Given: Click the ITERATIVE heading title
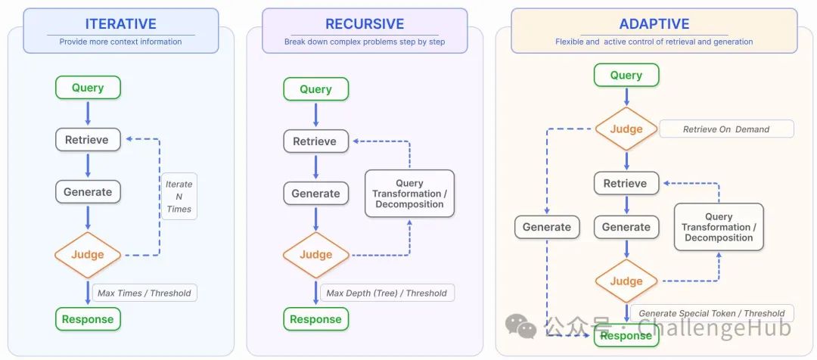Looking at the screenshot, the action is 121,24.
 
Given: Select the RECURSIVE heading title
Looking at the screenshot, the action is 365,24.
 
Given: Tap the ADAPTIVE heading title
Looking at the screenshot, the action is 654,24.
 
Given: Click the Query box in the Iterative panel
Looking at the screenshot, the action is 88,88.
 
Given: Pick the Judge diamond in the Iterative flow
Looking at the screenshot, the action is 88,255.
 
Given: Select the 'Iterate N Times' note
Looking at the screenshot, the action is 179,197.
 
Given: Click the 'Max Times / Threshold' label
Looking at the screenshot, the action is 144,293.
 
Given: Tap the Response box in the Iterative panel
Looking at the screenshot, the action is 88,319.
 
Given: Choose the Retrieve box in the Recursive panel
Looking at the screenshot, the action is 315,141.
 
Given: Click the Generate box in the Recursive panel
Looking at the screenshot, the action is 315,194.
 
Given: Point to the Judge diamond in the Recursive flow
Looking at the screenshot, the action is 315,255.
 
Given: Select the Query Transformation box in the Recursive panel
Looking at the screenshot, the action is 409,194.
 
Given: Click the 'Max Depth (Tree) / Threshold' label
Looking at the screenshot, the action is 387,293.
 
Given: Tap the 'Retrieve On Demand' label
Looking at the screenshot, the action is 726,129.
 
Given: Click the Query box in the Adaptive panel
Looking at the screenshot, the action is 626,75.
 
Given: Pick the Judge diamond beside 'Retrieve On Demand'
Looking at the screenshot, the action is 626,129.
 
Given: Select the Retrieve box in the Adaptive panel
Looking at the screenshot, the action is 626,183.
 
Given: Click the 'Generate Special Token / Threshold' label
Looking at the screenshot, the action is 712,313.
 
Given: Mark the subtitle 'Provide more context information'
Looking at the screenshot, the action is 120,42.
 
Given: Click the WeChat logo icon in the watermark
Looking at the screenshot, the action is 520,326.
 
